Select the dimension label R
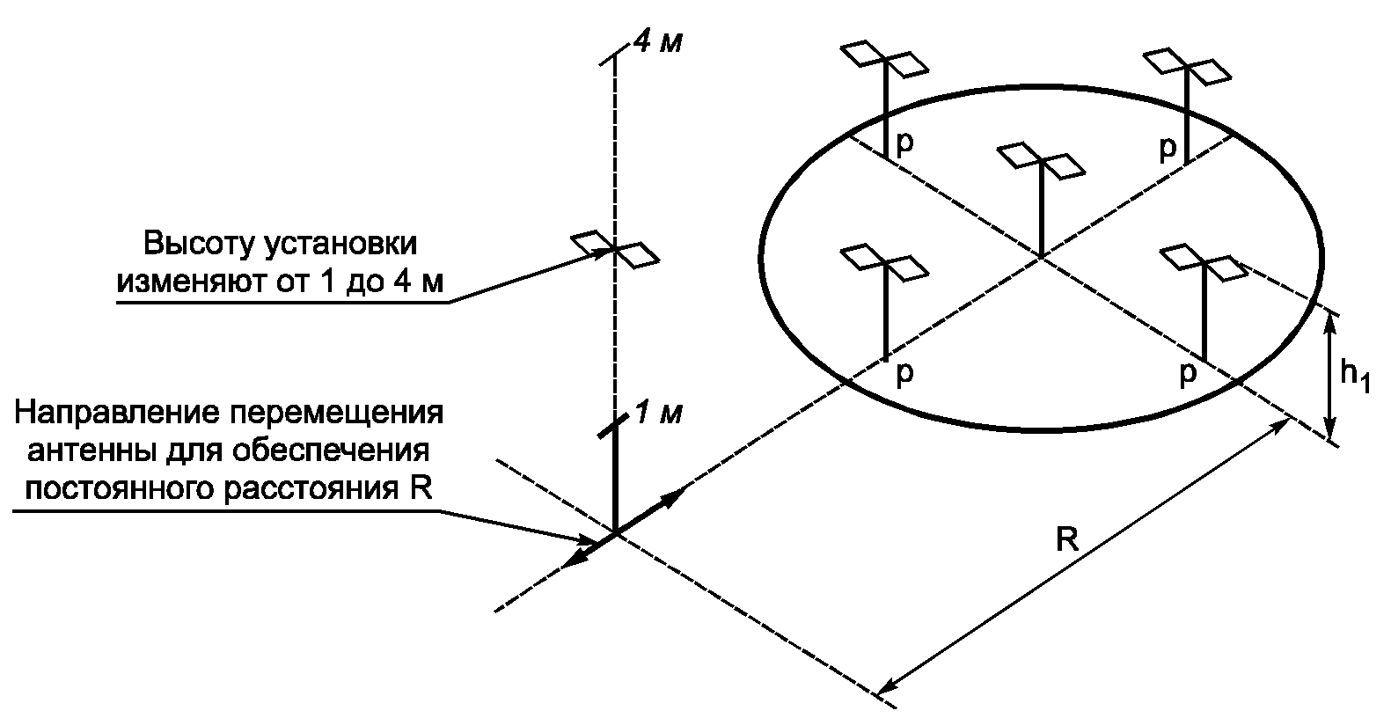[1067, 538]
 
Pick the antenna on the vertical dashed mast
[614, 250]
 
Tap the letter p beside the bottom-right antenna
[1187, 375]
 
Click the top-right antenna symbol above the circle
[1187, 65]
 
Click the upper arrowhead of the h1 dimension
[1331, 322]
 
